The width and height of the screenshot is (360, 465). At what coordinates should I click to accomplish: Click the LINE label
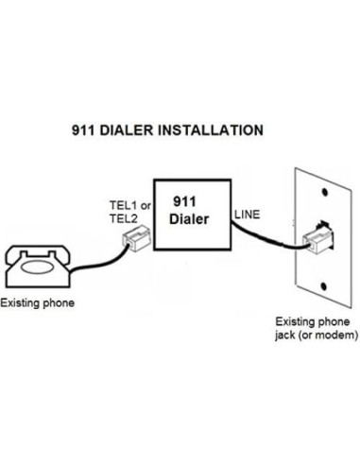coord(246,215)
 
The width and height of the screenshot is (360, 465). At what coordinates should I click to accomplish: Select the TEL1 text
coord(120,205)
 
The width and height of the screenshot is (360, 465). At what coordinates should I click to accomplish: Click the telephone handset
coord(36,251)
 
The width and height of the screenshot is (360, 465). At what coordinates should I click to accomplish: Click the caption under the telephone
coord(37,303)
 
